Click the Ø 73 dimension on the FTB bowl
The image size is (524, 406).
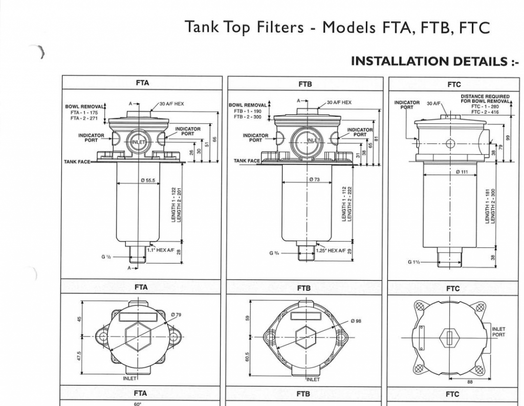pyautogui.click(x=314, y=180)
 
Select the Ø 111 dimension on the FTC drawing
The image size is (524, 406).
pyautogui.click(x=462, y=172)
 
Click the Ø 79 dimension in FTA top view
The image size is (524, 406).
pyautogui.click(x=177, y=314)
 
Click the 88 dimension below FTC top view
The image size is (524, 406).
pyautogui.click(x=470, y=381)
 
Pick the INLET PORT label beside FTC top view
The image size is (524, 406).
pyautogui.click(x=498, y=332)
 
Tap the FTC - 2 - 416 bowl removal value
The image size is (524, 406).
pyautogui.click(x=485, y=112)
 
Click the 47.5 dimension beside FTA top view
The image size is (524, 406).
pyautogui.click(x=79, y=355)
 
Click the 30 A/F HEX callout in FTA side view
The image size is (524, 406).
pyautogui.click(x=172, y=103)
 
